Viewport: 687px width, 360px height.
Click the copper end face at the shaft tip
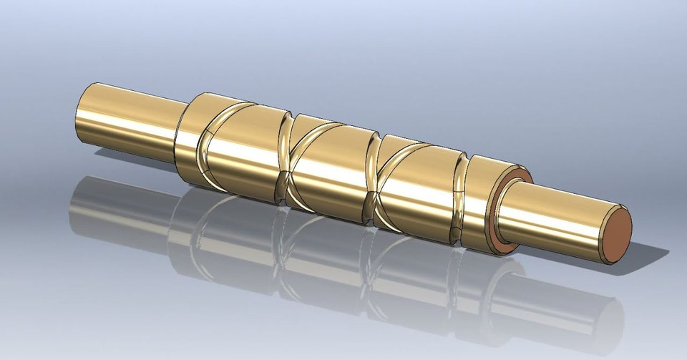click(616, 234)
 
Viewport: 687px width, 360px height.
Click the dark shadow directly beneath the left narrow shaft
click(129, 168)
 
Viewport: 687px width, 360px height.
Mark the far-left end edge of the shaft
click(78, 117)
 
